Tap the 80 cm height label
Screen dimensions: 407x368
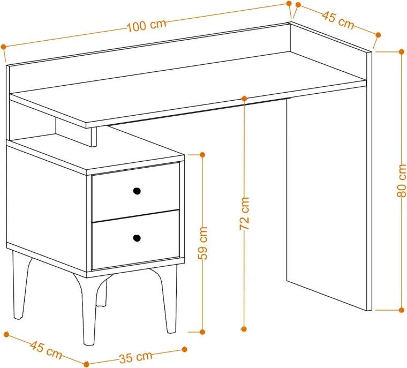(x=402, y=181)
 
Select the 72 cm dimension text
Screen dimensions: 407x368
(x=245, y=214)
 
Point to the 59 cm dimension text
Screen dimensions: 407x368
(x=203, y=243)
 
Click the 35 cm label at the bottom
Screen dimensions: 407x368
(x=135, y=357)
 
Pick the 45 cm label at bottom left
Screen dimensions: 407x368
(x=46, y=350)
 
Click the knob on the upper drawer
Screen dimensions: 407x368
(x=137, y=191)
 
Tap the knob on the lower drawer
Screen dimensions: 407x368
(x=137, y=238)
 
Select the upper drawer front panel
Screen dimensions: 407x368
(x=135, y=192)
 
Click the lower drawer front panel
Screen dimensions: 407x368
(x=135, y=239)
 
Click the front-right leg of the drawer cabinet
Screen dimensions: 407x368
(x=166, y=299)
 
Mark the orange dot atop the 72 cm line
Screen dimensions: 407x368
(x=244, y=99)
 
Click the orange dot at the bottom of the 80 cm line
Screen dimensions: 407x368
(x=401, y=310)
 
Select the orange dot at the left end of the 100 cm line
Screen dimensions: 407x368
(x=3, y=47)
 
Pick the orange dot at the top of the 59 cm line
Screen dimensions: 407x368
(x=203, y=154)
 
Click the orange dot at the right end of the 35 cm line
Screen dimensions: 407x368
(x=185, y=349)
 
